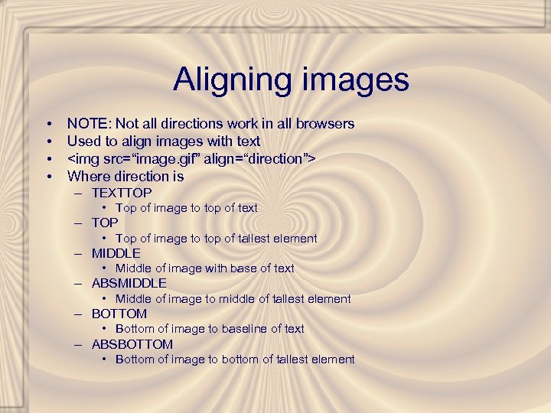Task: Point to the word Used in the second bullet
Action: coord(83,141)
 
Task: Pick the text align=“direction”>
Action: coord(256,158)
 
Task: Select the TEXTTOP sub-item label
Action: coord(122,193)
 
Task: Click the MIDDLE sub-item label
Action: coord(116,253)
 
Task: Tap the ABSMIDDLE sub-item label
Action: coord(129,283)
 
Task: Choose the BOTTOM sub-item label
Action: coord(119,314)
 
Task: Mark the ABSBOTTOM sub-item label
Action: coord(132,344)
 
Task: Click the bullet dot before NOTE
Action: coord(48,124)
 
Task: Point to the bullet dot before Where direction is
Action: coord(48,177)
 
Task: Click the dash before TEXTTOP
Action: coord(79,193)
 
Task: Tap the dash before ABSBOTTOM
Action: coord(79,345)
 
